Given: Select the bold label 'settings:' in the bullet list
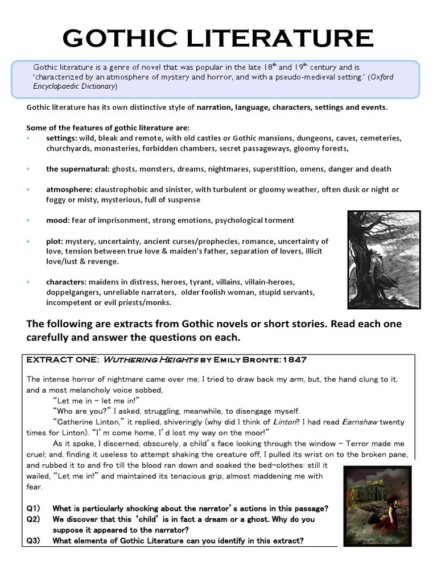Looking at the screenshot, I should [x=61, y=138].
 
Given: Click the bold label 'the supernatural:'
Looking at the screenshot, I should [x=78, y=169].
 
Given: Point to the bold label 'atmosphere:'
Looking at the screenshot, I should [x=69, y=189].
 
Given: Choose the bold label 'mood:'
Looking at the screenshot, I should [x=57, y=220].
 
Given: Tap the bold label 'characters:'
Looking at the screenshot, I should [x=67, y=282].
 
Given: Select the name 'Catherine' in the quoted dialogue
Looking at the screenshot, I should [x=75, y=422].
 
